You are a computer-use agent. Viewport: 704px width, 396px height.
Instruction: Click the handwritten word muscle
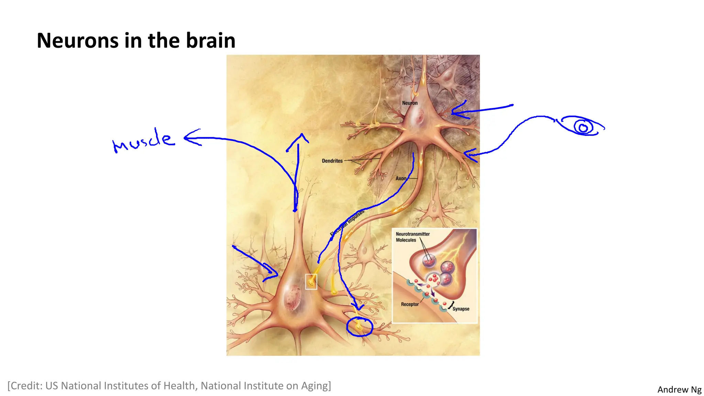[x=144, y=141]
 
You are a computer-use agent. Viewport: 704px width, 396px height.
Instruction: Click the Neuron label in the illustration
[x=410, y=103]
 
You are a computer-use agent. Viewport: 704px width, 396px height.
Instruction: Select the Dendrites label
[x=332, y=161]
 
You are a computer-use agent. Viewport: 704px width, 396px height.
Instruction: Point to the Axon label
[x=401, y=178]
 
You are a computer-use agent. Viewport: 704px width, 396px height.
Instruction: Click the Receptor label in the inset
[x=410, y=304]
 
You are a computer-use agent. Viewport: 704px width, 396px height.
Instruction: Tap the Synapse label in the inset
[x=461, y=309]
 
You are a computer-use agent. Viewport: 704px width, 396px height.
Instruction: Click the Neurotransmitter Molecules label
[x=412, y=237]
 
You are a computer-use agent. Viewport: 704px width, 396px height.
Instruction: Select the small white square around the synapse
[x=311, y=282]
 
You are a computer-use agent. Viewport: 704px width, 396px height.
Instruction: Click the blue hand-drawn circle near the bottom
[x=360, y=327]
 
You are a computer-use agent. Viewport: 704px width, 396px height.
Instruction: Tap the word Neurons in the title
[x=78, y=41]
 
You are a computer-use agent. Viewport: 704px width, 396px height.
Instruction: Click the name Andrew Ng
[x=679, y=389]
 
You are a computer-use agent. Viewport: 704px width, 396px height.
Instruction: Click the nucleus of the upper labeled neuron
[x=419, y=119]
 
